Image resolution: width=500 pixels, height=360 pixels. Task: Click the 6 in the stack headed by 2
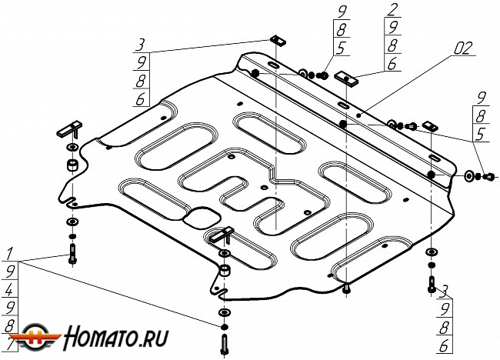pyautogui.click(x=392, y=65)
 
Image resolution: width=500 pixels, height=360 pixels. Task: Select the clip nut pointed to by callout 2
pyautogui.click(x=348, y=78)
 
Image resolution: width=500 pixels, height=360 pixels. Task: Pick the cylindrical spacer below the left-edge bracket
pyautogui.click(x=72, y=167)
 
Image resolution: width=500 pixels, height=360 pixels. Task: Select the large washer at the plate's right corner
pyautogui.click(x=470, y=176)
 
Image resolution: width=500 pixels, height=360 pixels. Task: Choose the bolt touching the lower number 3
pyautogui.click(x=432, y=284)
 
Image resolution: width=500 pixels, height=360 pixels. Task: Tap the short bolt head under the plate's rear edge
pyautogui.click(x=347, y=288)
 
